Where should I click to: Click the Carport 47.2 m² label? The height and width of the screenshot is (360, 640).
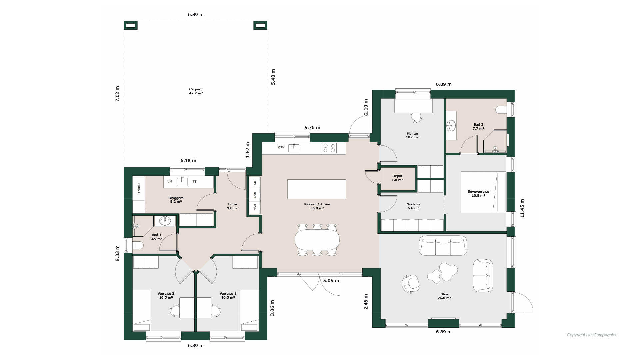click(196, 91)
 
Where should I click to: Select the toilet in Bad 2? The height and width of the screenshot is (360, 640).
click(501, 110)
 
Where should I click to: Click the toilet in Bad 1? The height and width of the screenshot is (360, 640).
click(138, 245)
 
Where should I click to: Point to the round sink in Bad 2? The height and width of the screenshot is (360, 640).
click(451, 126)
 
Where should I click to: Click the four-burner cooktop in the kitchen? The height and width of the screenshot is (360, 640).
click(329, 148)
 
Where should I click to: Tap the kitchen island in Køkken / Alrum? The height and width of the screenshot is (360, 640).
click(317, 189)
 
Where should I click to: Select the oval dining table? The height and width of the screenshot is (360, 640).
click(317, 240)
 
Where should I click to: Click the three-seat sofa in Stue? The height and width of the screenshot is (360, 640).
click(443, 246)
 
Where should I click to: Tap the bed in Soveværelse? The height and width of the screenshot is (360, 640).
click(483, 192)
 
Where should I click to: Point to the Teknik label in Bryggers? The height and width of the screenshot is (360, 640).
click(139, 188)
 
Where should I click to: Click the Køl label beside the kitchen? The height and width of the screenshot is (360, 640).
click(255, 183)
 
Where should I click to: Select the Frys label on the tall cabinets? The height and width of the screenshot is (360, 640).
click(255, 207)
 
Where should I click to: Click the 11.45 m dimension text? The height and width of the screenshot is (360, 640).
click(522, 208)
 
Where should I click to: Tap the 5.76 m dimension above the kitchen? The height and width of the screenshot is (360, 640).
click(312, 127)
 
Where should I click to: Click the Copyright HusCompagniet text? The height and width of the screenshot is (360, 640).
click(592, 335)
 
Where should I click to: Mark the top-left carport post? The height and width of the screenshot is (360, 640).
click(131, 25)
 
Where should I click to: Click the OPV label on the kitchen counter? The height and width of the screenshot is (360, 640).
click(281, 147)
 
